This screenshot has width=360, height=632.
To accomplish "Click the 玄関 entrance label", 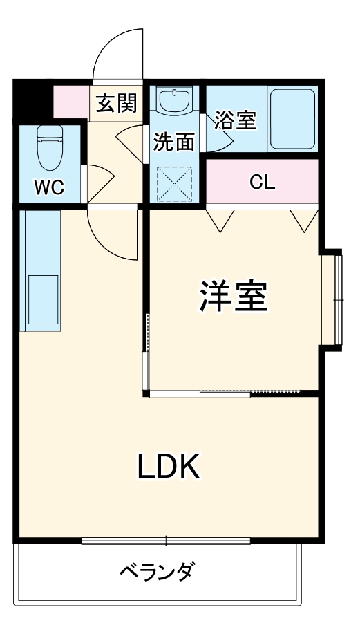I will tap(116, 103).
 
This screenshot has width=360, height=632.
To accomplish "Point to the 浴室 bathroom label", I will tap(235, 120).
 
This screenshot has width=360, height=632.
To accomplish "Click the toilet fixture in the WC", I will tap(48, 146).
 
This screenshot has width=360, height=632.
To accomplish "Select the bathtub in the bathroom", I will tap(294, 118).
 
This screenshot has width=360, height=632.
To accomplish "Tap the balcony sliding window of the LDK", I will tap(166, 541).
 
